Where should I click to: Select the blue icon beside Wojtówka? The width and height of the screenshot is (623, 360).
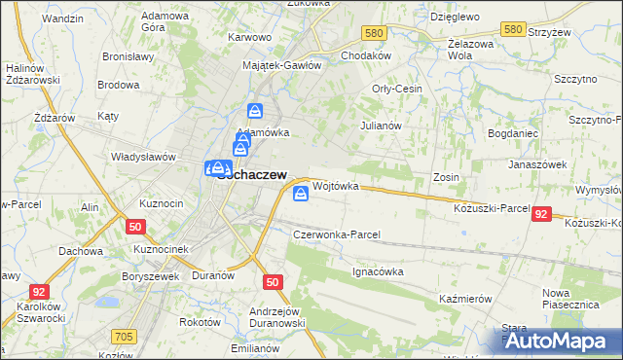[302, 196]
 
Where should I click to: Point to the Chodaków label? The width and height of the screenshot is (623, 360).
[366, 55]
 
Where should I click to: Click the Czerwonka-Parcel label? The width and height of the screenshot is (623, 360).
[337, 234]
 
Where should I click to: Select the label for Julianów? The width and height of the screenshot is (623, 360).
[381, 126]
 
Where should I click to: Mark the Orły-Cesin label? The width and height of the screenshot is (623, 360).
[397, 90]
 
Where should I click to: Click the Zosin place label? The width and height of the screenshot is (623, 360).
[447, 178]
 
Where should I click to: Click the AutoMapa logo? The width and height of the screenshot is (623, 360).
[560, 341]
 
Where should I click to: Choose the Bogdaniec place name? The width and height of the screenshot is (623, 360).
[512, 131]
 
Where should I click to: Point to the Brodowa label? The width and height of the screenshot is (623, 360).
[119, 85]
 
